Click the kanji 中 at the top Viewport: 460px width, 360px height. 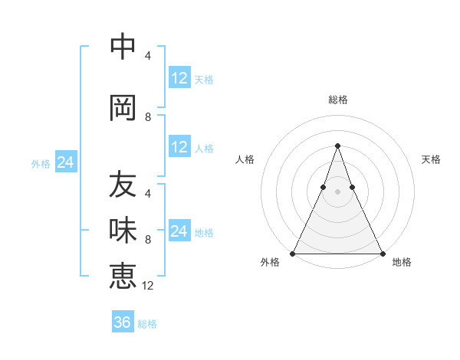[123, 47]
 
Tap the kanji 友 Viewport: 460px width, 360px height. [123, 185]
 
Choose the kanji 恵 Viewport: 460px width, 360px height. [123, 275]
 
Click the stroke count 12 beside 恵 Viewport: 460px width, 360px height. [149, 286]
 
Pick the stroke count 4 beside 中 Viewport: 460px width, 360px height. [148, 56]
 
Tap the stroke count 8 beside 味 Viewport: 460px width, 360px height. [148, 240]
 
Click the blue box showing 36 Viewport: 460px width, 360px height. [123, 322]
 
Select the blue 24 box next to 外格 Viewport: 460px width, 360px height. [65, 163]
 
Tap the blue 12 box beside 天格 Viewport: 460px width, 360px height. [179, 78]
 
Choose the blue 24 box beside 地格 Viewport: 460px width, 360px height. [179, 231]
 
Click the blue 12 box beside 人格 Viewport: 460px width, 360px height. [179, 147]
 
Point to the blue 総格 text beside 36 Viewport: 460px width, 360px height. [147, 324]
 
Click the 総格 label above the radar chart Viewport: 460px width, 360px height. [337, 100]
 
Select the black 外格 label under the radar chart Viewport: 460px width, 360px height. [270, 263]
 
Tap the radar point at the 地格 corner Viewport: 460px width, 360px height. [382, 253]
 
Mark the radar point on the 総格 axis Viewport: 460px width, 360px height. [337, 145]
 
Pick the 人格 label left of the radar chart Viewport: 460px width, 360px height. [245, 159]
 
